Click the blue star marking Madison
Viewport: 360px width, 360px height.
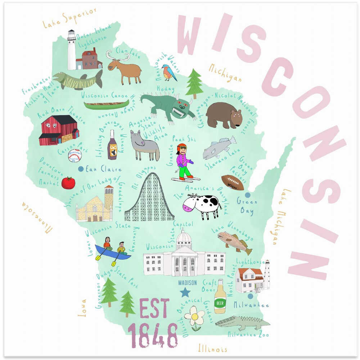click(x=185, y=292)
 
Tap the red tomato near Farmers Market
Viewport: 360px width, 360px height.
click(x=68, y=183)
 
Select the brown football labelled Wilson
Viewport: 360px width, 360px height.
click(x=232, y=183)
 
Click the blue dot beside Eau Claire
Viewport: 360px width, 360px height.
click(x=81, y=168)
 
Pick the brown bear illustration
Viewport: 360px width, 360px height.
click(x=224, y=114)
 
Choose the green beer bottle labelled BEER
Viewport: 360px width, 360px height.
click(x=220, y=297)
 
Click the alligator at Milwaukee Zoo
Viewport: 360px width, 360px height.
click(x=242, y=322)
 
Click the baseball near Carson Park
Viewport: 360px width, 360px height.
click(x=75, y=156)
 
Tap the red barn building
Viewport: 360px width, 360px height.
click(x=59, y=130)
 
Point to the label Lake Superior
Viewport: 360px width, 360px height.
click(x=69, y=18)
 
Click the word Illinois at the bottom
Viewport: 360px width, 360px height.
click(x=212, y=348)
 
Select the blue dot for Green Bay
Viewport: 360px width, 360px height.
click(x=247, y=195)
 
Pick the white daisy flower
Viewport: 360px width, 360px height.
click(x=195, y=317)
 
